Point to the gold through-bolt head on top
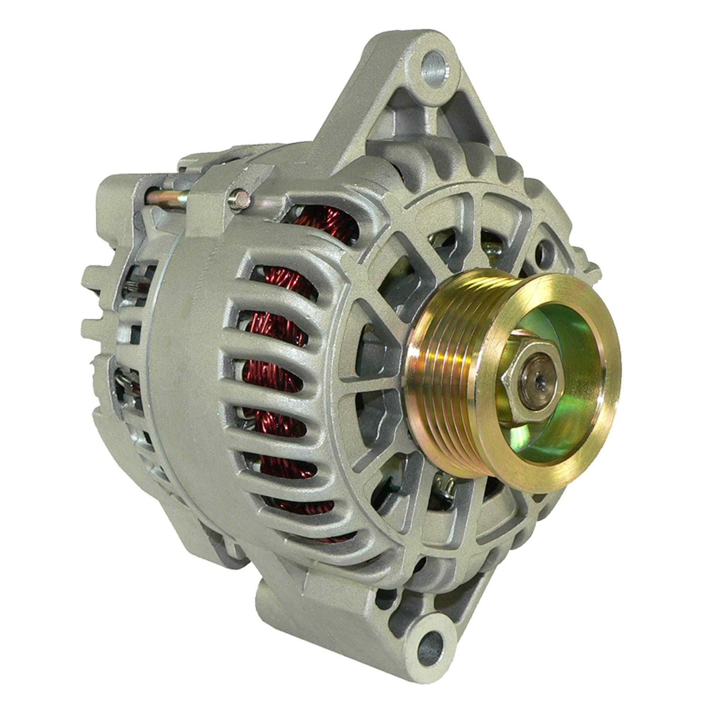(240, 200)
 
